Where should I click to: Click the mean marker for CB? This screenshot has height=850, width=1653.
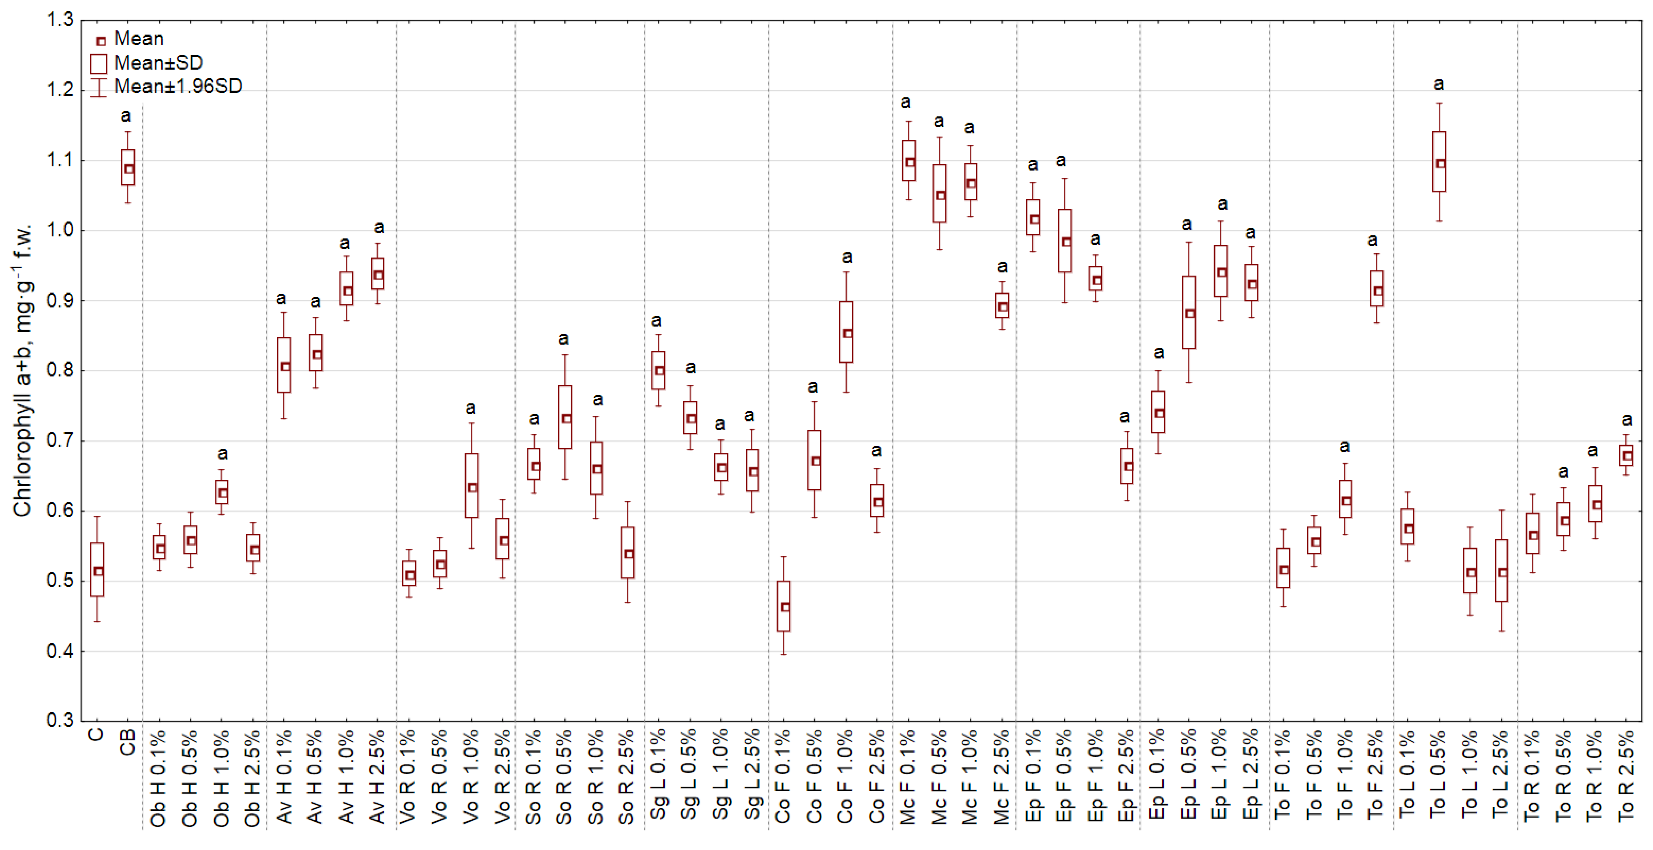coord(129,169)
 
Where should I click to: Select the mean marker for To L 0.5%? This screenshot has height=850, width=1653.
coord(1441,164)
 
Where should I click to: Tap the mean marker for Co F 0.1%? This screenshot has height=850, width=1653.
coord(785,607)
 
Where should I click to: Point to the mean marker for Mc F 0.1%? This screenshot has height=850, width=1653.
coord(910,163)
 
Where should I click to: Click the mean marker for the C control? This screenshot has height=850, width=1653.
coord(98,571)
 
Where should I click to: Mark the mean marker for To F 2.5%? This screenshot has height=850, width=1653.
coord(1378,291)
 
